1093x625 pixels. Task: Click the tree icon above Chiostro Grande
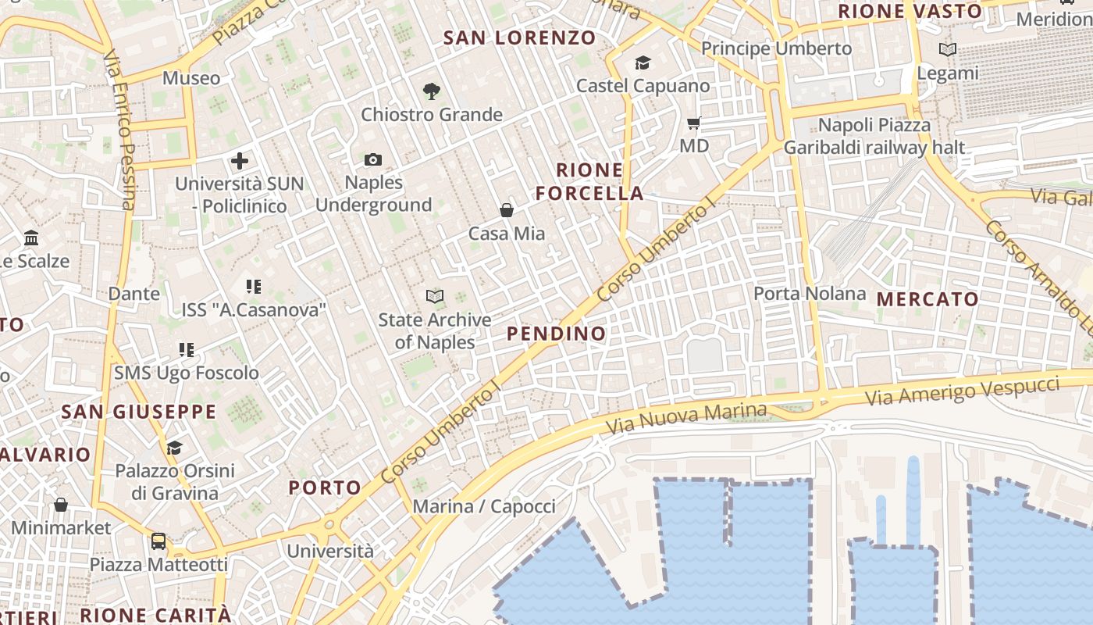pyautogui.click(x=431, y=91)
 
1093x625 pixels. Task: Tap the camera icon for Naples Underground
pyautogui.click(x=373, y=160)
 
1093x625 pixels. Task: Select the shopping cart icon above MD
pyautogui.click(x=693, y=123)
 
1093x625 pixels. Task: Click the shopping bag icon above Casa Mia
pyautogui.click(x=507, y=210)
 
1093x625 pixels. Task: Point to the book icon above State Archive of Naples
pyautogui.click(x=435, y=296)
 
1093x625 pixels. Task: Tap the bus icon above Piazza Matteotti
pyautogui.click(x=158, y=541)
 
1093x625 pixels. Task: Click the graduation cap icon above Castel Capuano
pyautogui.click(x=643, y=62)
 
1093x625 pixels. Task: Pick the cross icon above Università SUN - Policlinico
pyautogui.click(x=240, y=162)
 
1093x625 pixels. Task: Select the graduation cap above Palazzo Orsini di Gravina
pyautogui.click(x=174, y=448)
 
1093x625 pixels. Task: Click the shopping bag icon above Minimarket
pyautogui.click(x=61, y=505)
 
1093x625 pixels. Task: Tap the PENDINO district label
pyautogui.click(x=556, y=334)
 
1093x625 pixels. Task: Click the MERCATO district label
pyautogui.click(x=927, y=299)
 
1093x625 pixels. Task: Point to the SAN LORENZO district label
pyautogui.click(x=519, y=37)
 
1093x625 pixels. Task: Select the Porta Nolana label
pyautogui.click(x=810, y=294)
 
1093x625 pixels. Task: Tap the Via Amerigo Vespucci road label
pyautogui.click(x=962, y=390)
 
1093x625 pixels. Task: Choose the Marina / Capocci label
pyautogui.click(x=484, y=506)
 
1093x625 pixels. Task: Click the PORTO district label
pyautogui.click(x=326, y=488)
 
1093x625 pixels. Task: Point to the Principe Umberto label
pyautogui.click(x=776, y=48)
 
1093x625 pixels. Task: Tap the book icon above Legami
pyautogui.click(x=947, y=50)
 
